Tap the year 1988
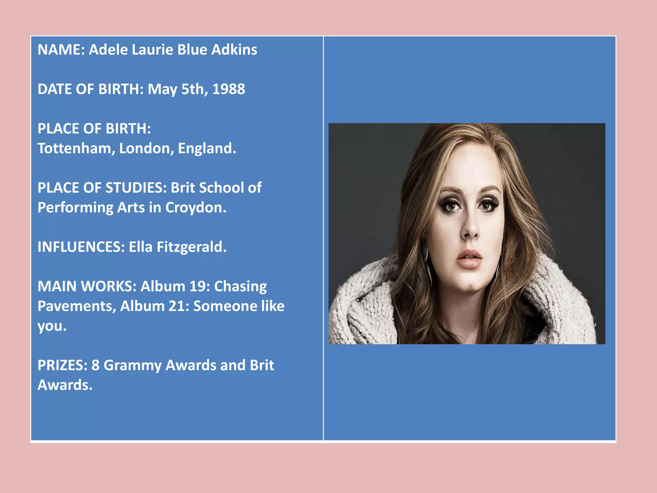click(x=228, y=89)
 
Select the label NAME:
click(x=61, y=50)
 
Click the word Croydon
click(x=196, y=208)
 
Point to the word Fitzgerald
click(x=192, y=247)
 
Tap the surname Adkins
click(x=234, y=50)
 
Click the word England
click(x=207, y=148)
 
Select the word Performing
click(x=75, y=208)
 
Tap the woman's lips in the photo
click(x=469, y=259)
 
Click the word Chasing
click(x=240, y=286)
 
